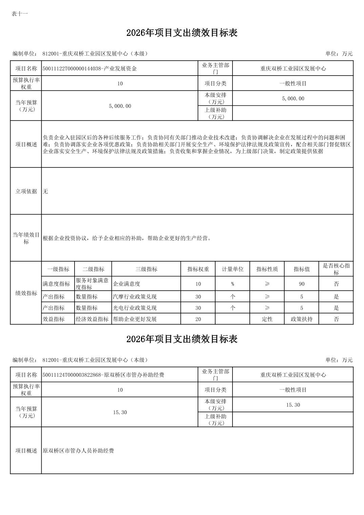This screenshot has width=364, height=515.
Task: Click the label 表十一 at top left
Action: pyautogui.click(x=20, y=14)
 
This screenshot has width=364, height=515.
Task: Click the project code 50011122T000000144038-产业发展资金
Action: pyautogui.click(x=89, y=68)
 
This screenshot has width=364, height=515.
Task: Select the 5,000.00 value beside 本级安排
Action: pyautogui.click(x=293, y=99)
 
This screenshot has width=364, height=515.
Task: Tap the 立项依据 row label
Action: pyautogui.click(x=26, y=191)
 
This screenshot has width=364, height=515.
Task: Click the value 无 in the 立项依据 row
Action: pyautogui.click(x=45, y=191)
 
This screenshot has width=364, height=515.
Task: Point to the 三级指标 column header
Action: pyautogui.click(x=146, y=269)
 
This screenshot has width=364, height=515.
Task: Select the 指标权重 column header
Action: pyautogui.click(x=198, y=269)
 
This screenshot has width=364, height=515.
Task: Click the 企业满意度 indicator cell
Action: pyautogui.click(x=126, y=284)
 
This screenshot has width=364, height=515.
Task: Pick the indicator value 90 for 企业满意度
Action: pyautogui.click(x=301, y=284)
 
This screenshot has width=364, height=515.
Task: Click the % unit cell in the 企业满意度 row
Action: pyautogui.click(x=232, y=284)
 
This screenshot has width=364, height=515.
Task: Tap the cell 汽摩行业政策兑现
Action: pyautogui.click(x=135, y=297)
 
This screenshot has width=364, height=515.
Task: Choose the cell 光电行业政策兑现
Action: pyautogui.click(x=135, y=308)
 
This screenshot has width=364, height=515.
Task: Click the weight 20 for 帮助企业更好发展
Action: pyautogui.click(x=198, y=319)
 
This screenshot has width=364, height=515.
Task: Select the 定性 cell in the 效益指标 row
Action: pyautogui.click(x=267, y=319)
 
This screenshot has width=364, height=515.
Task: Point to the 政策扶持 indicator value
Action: pyautogui.click(x=301, y=319)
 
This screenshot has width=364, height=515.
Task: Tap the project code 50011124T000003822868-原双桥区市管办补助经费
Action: pyautogui.click(x=103, y=375)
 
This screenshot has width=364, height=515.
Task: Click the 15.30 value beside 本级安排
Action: pyautogui.click(x=293, y=405)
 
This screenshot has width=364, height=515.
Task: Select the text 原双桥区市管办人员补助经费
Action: pyautogui.click(x=78, y=451)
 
